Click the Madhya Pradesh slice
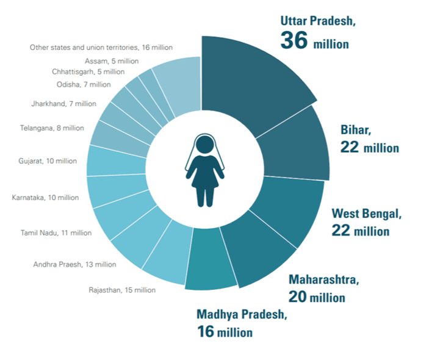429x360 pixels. coord(211,262)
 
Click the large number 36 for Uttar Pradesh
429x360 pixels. coord(295,40)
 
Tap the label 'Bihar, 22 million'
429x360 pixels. coord(369,139)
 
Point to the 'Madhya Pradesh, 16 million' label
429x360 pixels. coord(241,323)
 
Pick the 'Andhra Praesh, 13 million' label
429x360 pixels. coord(74,264)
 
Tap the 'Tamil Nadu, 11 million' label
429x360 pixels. coord(56,232)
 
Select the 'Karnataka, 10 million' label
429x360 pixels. coord(46,197)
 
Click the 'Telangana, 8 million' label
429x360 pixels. coord(51,128)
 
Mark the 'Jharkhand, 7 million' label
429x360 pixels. coord(63,104)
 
